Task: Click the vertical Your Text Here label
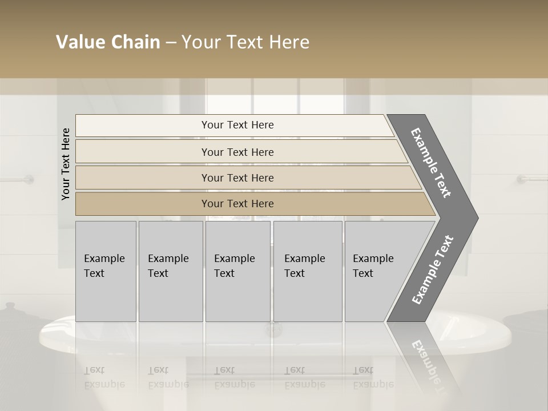(66, 164)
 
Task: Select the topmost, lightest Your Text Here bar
(237, 125)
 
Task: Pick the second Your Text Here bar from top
(237, 152)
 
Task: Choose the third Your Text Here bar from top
(237, 178)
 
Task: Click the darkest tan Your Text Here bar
(237, 204)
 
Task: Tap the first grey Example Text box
(106, 271)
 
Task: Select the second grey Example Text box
(170, 271)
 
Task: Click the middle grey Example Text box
(237, 271)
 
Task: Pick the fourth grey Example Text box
(307, 271)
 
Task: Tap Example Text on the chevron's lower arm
(433, 270)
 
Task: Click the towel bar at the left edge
(17, 179)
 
